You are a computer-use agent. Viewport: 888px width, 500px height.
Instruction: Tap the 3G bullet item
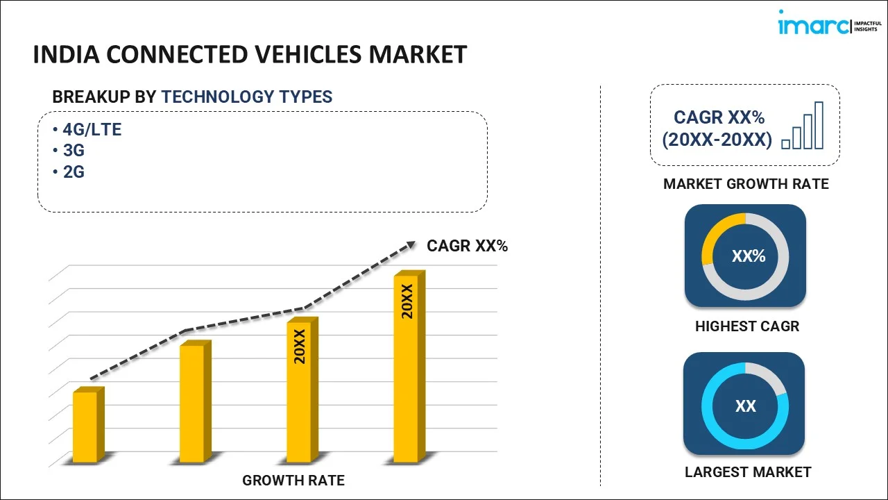(74, 150)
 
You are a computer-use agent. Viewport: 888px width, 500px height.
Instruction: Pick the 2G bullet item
(74, 172)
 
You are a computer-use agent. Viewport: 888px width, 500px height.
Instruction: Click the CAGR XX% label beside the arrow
(467, 246)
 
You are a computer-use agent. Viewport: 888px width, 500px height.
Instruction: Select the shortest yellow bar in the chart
(85, 426)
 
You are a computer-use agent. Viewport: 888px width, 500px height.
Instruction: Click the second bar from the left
(192, 403)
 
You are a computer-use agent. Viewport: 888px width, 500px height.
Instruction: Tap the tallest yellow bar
(407, 368)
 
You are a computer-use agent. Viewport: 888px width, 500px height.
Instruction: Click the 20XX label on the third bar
(300, 347)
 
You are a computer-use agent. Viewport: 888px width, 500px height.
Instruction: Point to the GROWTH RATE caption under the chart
(293, 480)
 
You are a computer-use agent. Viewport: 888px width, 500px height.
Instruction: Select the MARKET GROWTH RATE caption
(746, 184)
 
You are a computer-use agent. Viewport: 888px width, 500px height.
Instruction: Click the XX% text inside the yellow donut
(749, 256)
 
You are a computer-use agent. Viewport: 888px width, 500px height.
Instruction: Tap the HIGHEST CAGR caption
(747, 326)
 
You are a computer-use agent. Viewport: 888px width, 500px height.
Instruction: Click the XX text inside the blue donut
(746, 406)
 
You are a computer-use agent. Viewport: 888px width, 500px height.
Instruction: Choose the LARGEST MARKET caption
(748, 472)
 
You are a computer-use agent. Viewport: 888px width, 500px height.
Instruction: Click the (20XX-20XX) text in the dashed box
(717, 140)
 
